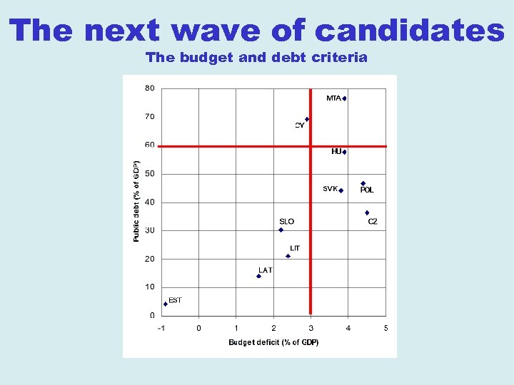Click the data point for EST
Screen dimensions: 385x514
click(165, 304)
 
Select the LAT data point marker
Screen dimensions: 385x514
click(258, 276)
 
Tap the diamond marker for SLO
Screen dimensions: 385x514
click(281, 230)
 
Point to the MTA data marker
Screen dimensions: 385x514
click(344, 98)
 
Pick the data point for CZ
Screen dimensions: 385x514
click(367, 212)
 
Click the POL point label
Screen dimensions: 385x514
click(367, 190)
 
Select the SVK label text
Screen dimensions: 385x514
click(330, 189)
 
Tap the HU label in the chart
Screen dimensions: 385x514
click(336, 151)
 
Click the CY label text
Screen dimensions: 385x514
click(300, 125)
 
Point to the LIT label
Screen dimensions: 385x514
click(295, 248)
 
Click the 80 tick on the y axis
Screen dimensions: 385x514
click(150, 88)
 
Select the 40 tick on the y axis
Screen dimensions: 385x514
click(150, 202)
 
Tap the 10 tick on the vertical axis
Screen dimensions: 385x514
click(150, 287)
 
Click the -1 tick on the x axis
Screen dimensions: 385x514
click(161, 328)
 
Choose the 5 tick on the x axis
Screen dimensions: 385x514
click(385, 328)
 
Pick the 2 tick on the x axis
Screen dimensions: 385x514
click(273, 328)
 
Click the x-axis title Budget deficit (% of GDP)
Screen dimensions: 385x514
click(273, 342)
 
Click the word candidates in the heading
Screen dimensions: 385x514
click(409, 30)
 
